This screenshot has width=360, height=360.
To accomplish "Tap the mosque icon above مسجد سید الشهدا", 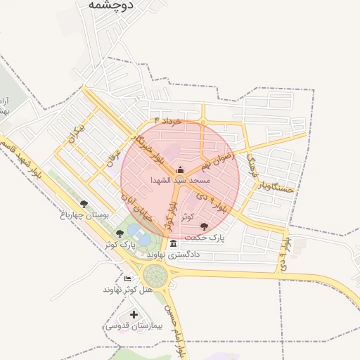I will tap(180, 169).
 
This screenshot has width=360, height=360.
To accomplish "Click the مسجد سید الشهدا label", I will tap(179, 180).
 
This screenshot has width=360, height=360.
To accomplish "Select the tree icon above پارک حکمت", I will tap(204, 226).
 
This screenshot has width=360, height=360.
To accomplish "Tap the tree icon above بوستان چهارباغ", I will tap(84, 205).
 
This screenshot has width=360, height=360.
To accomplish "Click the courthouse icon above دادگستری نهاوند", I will tap(173, 243).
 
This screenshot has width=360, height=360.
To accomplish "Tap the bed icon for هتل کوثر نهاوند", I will tap(127, 278).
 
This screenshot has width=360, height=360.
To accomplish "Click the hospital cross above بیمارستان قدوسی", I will tap(134, 315).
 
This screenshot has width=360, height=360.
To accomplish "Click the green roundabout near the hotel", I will tap(155, 275).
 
